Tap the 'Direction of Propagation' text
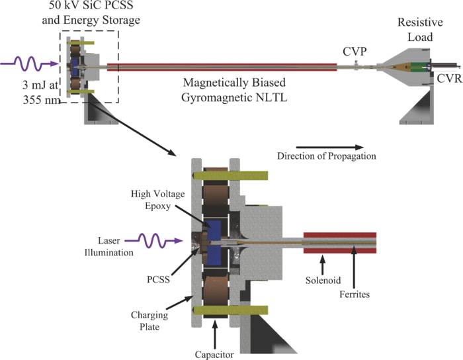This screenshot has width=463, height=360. point(327,157)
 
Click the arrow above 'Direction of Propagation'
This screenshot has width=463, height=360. point(329,147)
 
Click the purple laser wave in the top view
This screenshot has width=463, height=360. point(30,65)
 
